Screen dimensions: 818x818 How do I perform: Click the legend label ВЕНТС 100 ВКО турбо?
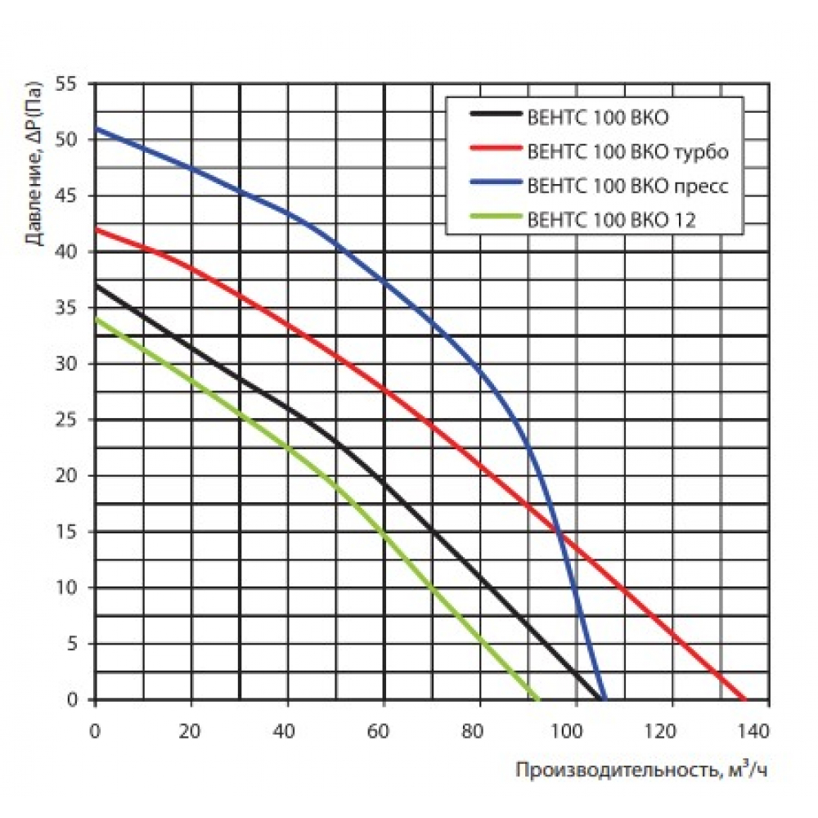pyautogui.click(x=628, y=151)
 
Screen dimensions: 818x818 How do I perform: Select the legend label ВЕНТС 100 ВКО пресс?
pyautogui.click(x=628, y=185)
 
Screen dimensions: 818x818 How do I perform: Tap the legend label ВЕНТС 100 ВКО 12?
pyautogui.click(x=612, y=219)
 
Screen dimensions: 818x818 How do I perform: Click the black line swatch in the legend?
pyautogui.click(x=495, y=117)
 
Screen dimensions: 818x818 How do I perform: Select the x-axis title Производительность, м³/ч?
pyautogui.click(x=641, y=770)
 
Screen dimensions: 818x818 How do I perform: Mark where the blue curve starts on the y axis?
pyautogui.click(x=97, y=128)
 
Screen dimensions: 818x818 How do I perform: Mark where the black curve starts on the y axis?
pyautogui.click(x=97, y=285)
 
